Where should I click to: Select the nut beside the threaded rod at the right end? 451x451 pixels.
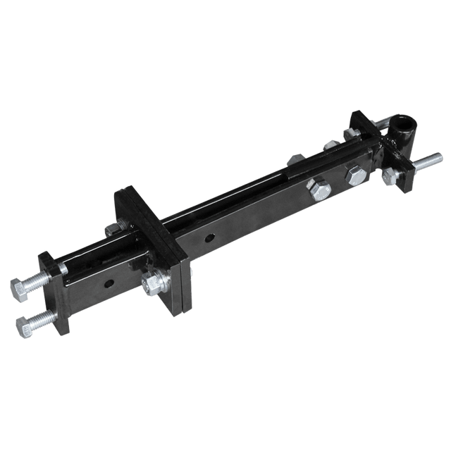[x=388, y=178]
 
